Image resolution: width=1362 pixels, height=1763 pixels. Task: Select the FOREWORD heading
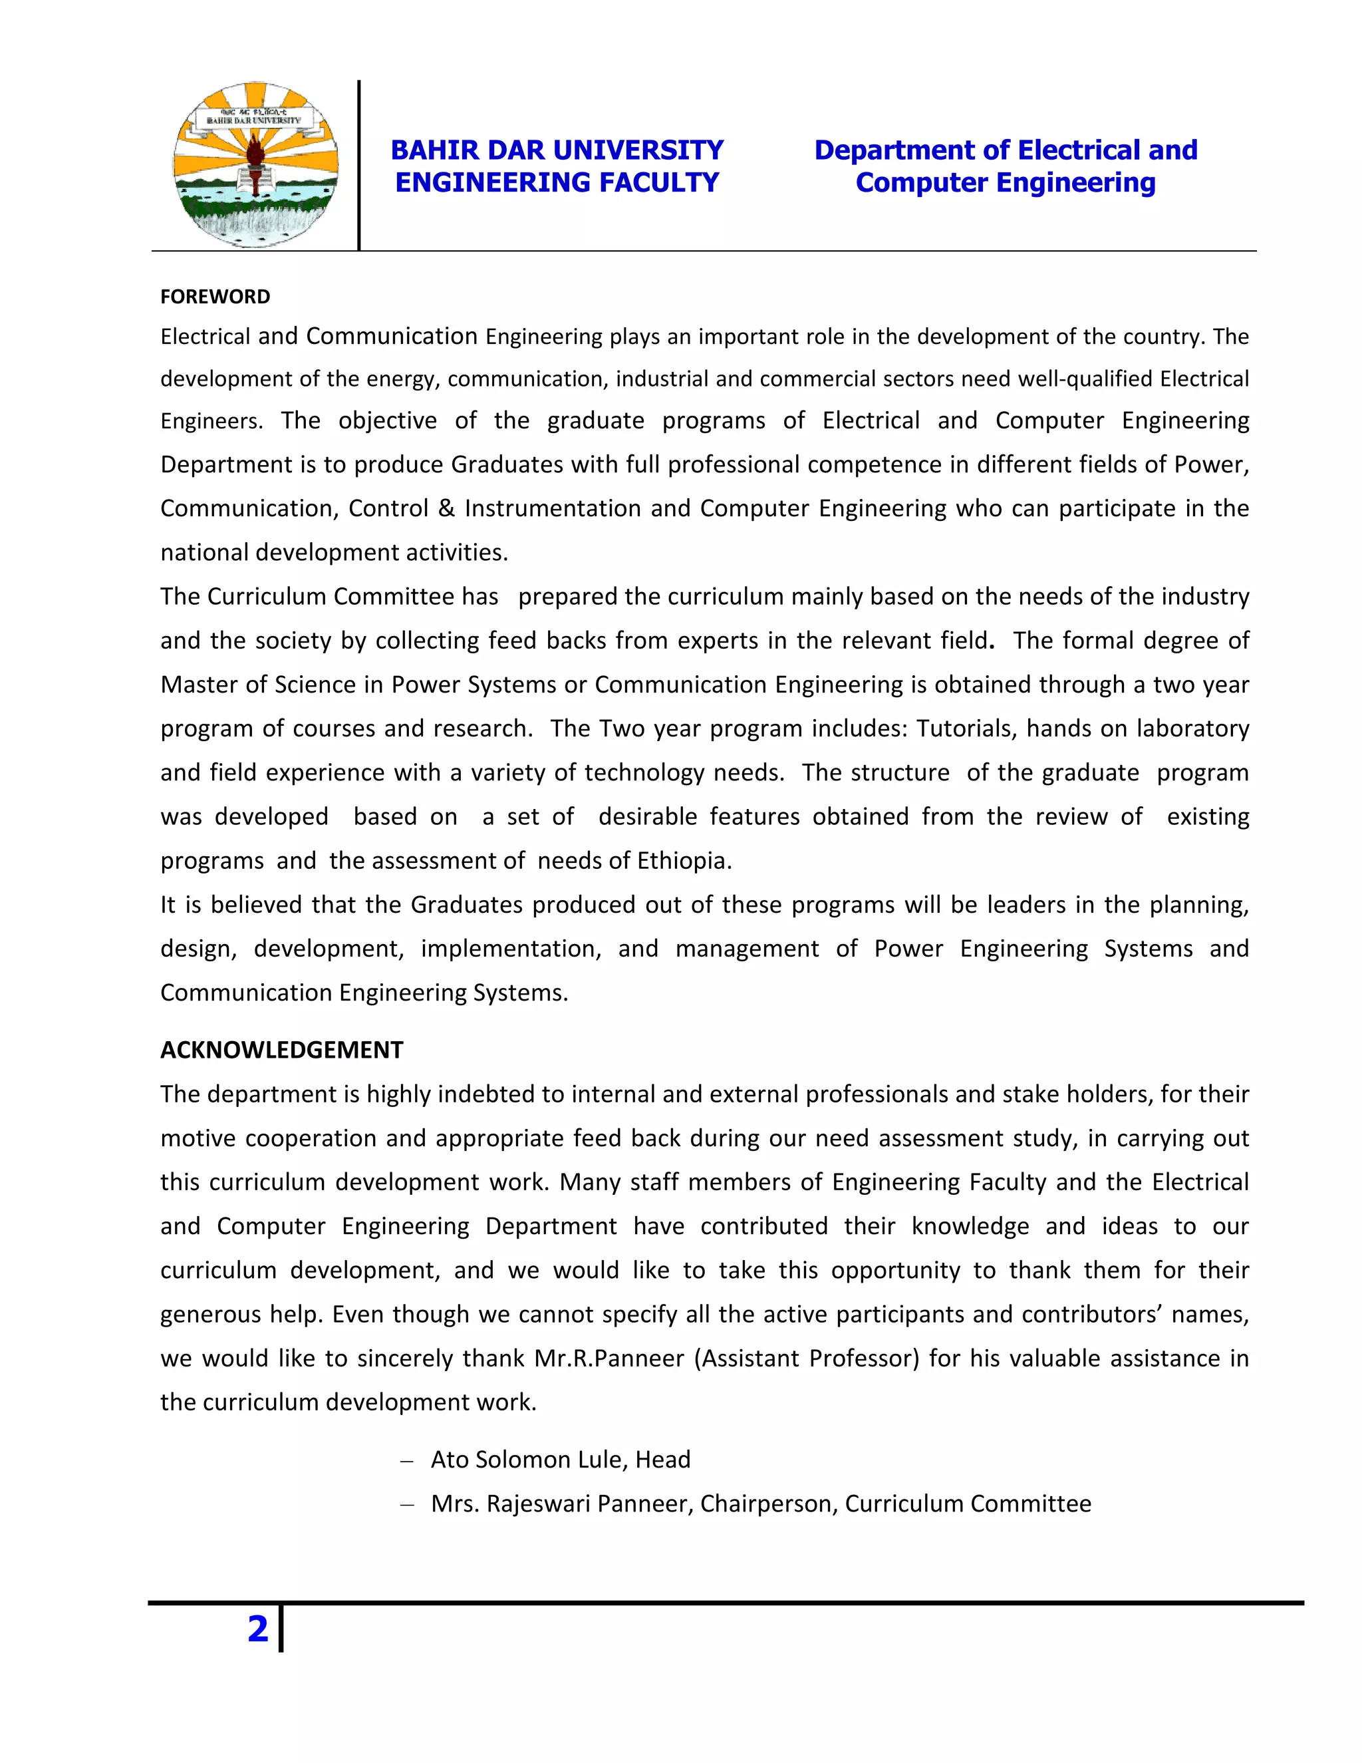click(x=215, y=297)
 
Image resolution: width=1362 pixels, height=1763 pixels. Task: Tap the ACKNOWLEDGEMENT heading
click(x=281, y=1050)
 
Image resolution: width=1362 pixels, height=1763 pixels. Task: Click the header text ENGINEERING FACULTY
click(x=557, y=182)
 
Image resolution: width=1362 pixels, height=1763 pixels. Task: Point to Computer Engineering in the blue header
click(x=1006, y=182)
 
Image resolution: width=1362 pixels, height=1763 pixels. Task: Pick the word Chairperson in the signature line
click(x=768, y=1504)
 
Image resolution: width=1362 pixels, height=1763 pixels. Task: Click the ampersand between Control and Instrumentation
click(x=446, y=508)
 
